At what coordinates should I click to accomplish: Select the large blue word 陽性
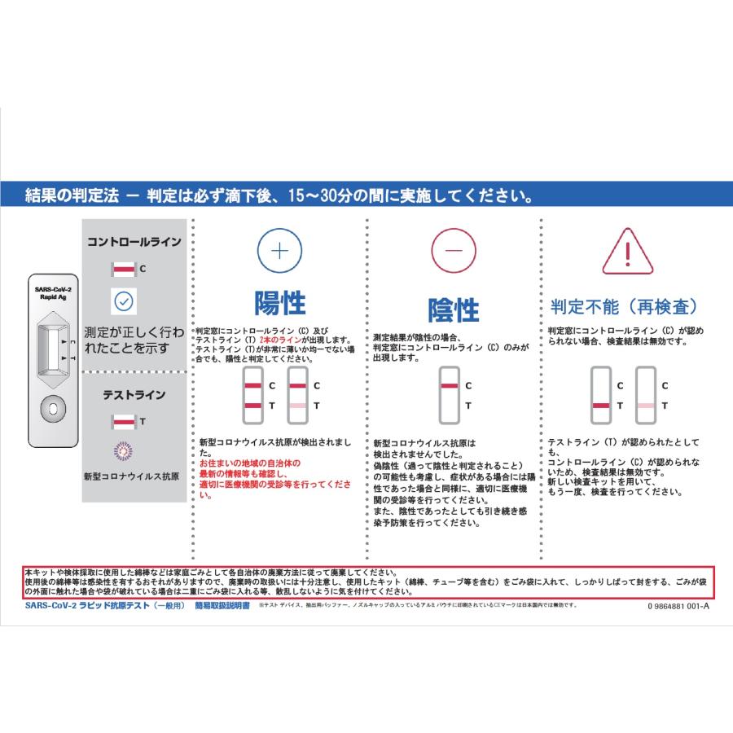click(x=279, y=303)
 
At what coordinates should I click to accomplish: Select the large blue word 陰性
click(x=453, y=309)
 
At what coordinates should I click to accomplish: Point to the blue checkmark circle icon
click(x=123, y=301)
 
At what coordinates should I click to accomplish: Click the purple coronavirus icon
click(x=123, y=449)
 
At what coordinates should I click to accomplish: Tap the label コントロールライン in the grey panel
click(x=134, y=242)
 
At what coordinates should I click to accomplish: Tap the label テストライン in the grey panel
click(x=134, y=395)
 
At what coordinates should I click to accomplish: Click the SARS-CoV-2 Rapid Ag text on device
click(x=54, y=293)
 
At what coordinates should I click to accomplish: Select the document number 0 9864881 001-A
click(x=678, y=606)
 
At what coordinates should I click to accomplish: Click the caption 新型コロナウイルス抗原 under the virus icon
click(x=132, y=476)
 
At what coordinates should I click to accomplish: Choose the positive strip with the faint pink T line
click(x=298, y=394)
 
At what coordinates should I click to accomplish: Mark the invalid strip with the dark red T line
click(x=602, y=394)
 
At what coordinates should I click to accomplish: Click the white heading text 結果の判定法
click(x=72, y=196)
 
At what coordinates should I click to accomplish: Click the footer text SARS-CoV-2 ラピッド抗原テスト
click(x=102, y=606)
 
